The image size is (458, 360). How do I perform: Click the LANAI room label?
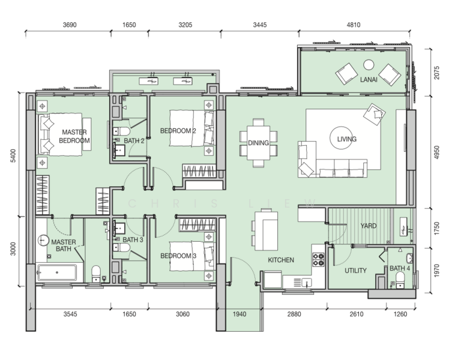369,79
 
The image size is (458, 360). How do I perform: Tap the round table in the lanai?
369,65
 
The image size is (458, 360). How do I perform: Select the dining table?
259,143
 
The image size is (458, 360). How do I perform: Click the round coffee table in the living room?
341,138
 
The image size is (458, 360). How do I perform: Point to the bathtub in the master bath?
57,272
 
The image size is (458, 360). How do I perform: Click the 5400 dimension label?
13,155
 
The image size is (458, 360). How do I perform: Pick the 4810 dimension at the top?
354,25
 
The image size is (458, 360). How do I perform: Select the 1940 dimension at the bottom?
240,314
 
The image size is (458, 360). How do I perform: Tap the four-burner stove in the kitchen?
318,260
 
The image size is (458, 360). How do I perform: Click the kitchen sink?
306,283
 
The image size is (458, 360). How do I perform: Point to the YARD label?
369,226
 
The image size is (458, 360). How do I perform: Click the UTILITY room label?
355,271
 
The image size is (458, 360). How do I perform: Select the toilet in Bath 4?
400,280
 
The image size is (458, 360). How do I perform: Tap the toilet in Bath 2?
121,131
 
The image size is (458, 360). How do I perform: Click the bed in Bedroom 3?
191,256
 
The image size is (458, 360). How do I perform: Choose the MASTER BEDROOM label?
74,136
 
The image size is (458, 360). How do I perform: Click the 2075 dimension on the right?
436,73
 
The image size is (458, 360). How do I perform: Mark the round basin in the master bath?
43,241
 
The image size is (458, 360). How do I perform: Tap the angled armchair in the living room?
374,114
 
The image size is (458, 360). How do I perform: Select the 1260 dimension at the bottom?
400,314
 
